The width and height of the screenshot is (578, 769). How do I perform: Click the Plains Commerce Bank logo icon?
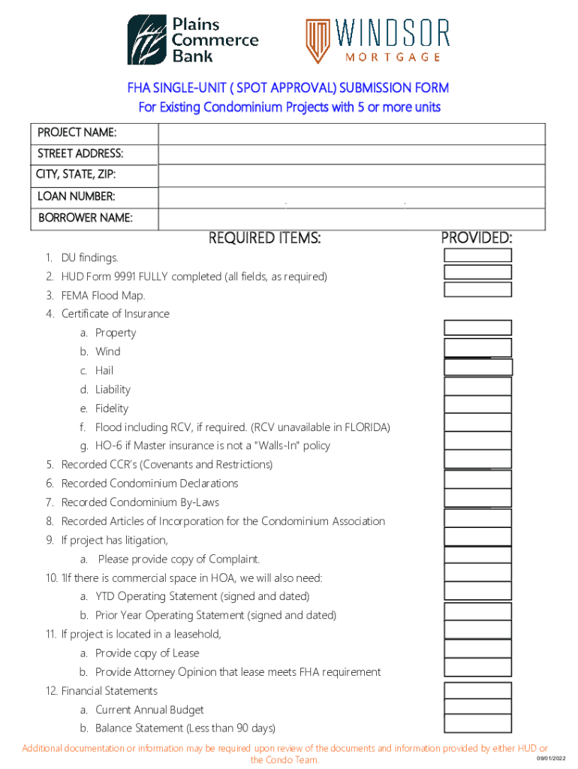(147, 41)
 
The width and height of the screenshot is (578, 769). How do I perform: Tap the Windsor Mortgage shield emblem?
(317, 41)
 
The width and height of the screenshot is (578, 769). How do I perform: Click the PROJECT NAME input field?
(351, 134)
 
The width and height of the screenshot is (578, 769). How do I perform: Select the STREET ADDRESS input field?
(351, 155)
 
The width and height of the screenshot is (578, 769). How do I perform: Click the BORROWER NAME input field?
(351, 219)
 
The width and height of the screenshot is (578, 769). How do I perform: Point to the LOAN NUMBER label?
(76, 197)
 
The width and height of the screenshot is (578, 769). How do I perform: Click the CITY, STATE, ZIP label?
(75, 175)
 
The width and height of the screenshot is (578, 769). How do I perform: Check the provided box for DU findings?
(477, 255)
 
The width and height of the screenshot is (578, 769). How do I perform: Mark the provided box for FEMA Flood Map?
(477, 290)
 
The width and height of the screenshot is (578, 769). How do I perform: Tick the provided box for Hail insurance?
(477, 367)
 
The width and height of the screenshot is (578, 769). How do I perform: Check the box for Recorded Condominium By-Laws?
(477, 499)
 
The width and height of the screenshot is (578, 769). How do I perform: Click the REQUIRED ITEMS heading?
(264, 239)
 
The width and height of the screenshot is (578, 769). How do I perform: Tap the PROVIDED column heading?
(477, 238)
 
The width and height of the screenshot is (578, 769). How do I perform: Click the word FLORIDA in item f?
(366, 427)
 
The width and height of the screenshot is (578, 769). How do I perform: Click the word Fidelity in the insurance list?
(112, 409)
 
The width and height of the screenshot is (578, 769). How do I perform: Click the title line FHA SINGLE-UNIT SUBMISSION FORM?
(288, 88)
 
